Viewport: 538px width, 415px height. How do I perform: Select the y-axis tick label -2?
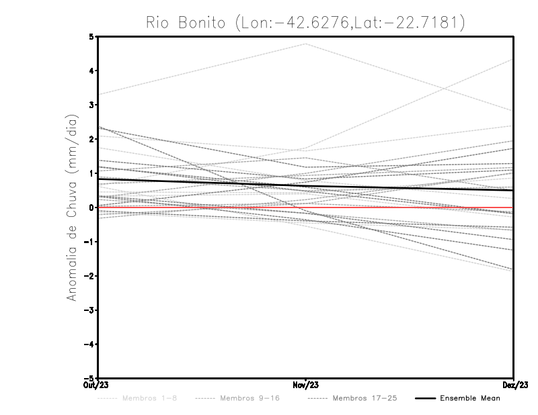point(90,276)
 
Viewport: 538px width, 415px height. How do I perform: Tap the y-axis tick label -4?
point(90,344)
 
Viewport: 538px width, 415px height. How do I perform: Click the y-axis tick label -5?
point(90,378)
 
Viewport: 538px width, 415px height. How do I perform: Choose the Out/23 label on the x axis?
point(98,385)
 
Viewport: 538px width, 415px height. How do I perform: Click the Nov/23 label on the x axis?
point(306,385)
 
